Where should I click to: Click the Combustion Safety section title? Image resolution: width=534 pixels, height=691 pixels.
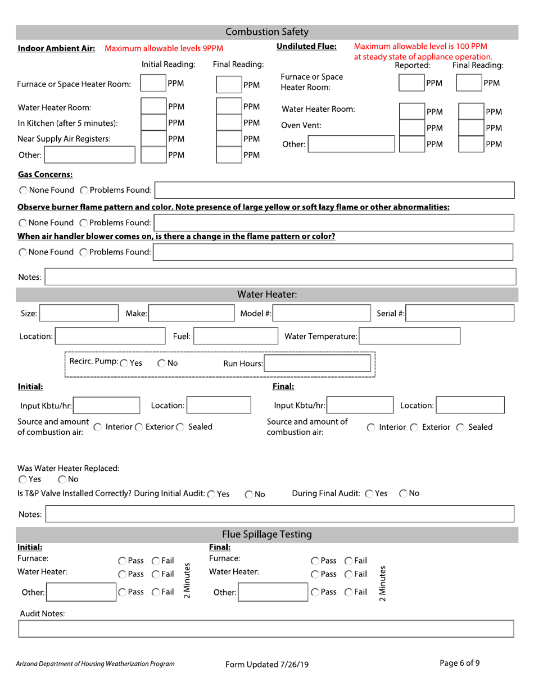pyautogui.click(x=267, y=31)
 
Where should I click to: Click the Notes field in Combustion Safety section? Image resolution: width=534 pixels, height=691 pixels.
pyautogui.click(x=280, y=277)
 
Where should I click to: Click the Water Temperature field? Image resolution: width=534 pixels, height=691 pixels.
pyautogui.click(x=410, y=337)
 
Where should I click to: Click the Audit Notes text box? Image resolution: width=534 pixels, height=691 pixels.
pyautogui.click(x=266, y=629)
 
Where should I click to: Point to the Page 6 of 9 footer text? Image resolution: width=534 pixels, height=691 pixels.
pyautogui.click(x=460, y=662)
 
